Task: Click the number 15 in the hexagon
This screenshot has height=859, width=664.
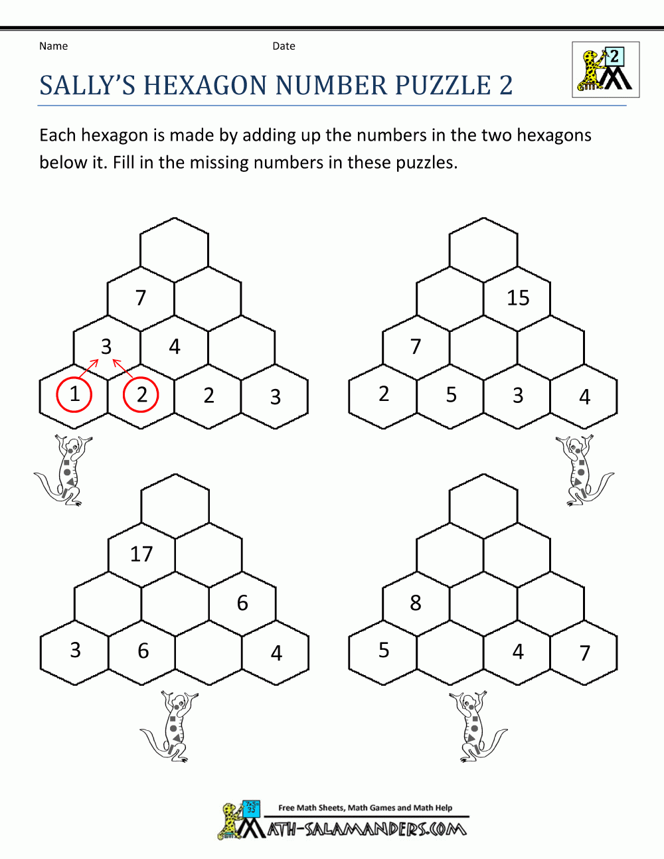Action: click(x=518, y=298)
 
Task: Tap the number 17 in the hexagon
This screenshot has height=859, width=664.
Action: click(x=141, y=554)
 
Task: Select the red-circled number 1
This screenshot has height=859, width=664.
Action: click(x=74, y=394)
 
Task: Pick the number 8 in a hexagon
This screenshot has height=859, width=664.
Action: click(x=416, y=603)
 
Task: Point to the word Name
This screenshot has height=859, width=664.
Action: click(x=53, y=46)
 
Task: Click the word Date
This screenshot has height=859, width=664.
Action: click(x=284, y=46)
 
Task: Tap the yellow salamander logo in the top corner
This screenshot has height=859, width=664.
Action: click(x=606, y=70)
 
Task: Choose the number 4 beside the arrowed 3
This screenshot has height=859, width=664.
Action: click(x=175, y=347)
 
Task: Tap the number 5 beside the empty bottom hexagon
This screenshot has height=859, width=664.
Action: click(x=384, y=650)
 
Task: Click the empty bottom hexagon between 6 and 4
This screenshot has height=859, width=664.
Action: click(x=208, y=653)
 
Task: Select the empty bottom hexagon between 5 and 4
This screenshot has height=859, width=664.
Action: click(x=450, y=653)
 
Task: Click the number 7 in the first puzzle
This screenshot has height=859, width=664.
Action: click(x=141, y=298)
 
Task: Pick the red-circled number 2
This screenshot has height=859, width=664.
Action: click(x=141, y=394)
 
